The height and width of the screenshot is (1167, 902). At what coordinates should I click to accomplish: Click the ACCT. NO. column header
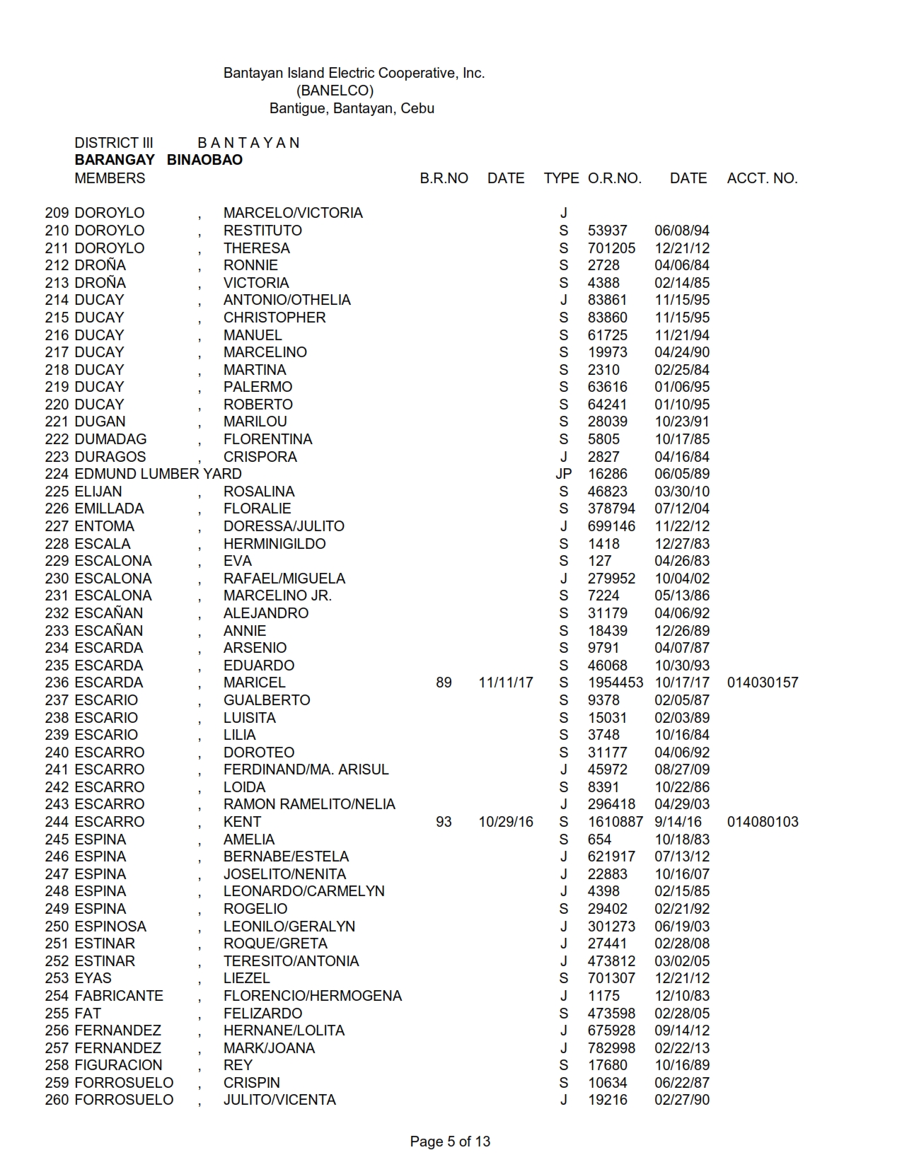point(762,178)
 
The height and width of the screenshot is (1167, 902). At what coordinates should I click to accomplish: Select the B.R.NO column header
point(444,178)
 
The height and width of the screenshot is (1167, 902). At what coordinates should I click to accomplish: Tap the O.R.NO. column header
point(614,178)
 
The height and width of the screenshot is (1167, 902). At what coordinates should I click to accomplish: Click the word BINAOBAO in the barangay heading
point(204,160)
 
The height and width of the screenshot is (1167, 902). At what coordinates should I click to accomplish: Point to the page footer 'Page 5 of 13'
point(450,1141)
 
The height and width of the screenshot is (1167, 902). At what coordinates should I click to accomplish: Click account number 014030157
point(762,683)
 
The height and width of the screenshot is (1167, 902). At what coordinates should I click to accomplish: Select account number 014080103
point(762,822)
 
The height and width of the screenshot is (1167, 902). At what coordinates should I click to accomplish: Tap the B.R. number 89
point(444,683)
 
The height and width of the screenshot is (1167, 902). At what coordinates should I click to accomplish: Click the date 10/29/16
point(506,822)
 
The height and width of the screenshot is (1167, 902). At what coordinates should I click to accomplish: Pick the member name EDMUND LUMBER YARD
point(158,474)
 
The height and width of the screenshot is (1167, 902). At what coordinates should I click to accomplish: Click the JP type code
point(563,474)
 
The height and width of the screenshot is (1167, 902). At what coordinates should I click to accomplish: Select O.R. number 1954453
point(615,683)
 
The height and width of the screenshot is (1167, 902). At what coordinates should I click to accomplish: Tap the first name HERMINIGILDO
point(274,544)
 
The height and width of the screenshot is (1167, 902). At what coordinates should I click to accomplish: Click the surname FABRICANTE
point(119,996)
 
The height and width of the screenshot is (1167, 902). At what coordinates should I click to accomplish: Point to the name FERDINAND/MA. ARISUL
point(306,770)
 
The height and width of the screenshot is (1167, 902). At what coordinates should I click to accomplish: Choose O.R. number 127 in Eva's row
point(599,561)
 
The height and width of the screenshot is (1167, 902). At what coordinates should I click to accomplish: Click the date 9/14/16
point(678,822)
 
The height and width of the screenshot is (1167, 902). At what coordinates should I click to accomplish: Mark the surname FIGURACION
point(118,1065)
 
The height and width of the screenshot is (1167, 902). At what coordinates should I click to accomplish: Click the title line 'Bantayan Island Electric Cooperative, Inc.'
point(354,73)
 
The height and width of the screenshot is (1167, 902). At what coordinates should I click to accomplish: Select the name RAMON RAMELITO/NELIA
point(309,804)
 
